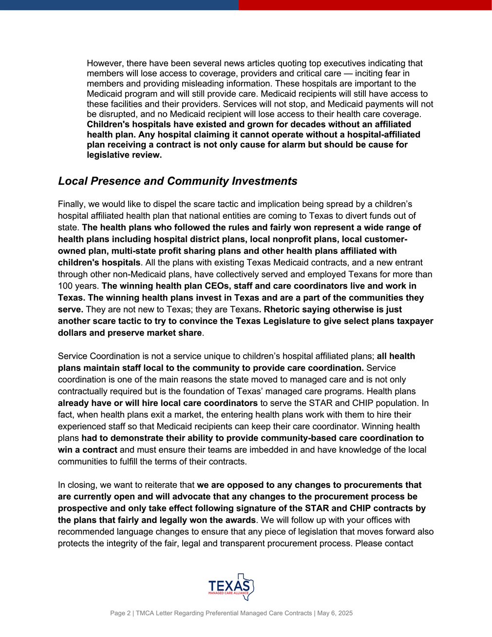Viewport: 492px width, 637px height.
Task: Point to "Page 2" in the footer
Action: [120, 613]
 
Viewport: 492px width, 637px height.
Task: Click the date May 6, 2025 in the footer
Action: [335, 613]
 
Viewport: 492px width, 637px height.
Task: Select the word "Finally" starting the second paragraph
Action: [72, 204]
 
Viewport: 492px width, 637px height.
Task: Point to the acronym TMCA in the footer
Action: [146, 613]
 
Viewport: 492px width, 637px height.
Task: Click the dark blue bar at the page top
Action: [119, 5]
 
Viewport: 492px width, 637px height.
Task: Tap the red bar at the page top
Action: [365, 5]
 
